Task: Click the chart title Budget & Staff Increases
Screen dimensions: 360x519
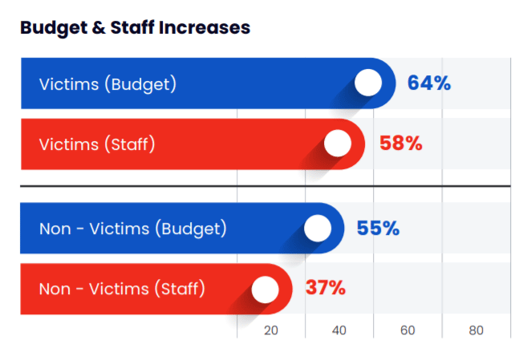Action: pos(135,27)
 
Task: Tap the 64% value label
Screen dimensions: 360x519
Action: pos(428,83)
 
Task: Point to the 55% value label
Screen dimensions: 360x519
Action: pos(378,229)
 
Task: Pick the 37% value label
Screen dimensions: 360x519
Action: pos(326,288)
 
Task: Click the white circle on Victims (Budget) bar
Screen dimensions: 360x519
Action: pos(368,83)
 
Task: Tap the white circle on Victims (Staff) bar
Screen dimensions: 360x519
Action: pos(339,144)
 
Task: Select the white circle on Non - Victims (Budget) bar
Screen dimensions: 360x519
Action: pos(318,229)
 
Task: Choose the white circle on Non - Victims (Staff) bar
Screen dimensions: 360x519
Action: pos(265,289)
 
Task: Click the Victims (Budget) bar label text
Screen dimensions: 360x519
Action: pos(107,83)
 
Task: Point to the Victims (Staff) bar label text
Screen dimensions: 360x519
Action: pos(96,144)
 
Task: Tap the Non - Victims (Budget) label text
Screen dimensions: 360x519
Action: pos(132,229)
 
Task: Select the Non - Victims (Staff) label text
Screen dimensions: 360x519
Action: pos(122,289)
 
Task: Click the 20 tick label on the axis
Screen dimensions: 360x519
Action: pos(271,330)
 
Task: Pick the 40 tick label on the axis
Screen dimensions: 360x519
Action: pos(339,330)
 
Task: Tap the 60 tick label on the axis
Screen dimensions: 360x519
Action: pos(407,330)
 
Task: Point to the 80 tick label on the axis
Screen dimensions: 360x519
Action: pos(476,330)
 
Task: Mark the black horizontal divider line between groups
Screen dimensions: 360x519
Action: pos(265,186)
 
